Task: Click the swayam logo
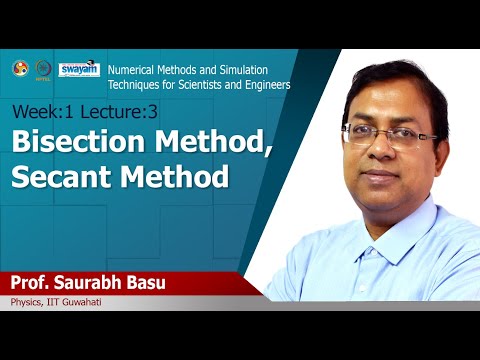78,69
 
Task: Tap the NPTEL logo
44,69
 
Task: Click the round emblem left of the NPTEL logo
19,69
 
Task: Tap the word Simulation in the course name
259,71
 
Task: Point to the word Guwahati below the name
81,302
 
